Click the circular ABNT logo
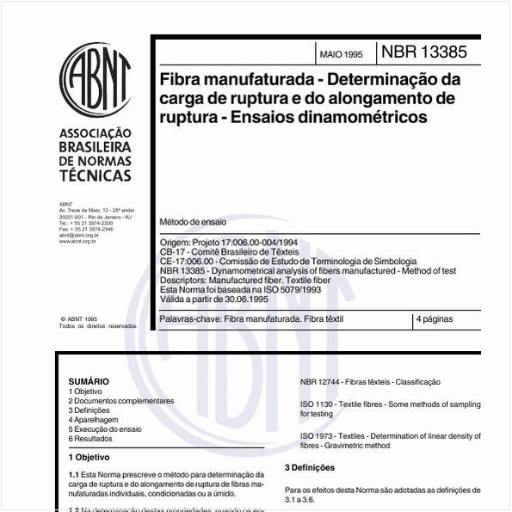(95, 81)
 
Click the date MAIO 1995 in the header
(341, 53)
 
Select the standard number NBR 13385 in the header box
(424, 52)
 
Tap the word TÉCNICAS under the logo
(95, 176)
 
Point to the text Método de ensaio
(194, 221)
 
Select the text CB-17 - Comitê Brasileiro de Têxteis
(230, 252)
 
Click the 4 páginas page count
(434, 319)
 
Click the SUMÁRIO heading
(89, 381)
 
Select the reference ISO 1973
(318, 436)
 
